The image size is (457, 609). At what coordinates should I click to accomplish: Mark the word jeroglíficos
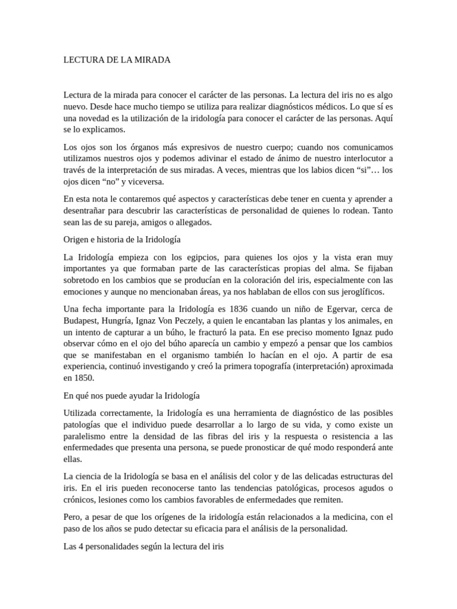click(358, 291)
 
